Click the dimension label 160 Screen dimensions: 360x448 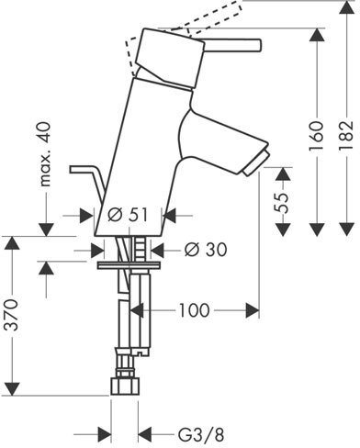316,136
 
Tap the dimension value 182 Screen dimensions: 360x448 346,136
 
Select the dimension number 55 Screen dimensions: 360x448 282,203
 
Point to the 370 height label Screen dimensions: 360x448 12,315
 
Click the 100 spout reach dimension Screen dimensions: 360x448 194,310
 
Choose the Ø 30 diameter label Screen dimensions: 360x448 206,250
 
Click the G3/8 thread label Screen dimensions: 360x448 201,434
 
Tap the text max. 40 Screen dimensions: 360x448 45,154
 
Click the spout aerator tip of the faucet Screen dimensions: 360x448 255,162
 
